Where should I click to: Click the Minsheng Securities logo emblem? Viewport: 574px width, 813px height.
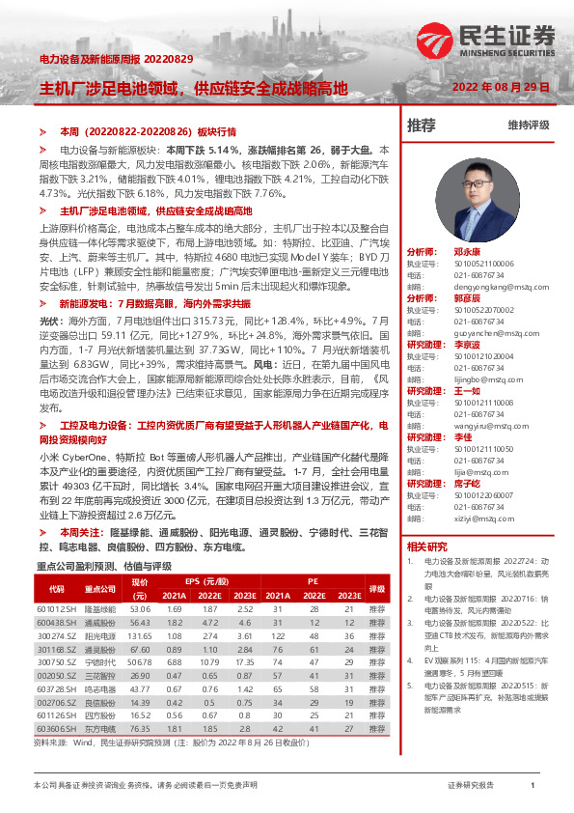[x=435, y=41]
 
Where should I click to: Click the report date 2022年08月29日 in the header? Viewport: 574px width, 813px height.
[x=502, y=88]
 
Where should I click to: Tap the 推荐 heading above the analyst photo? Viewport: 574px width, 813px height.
[x=421, y=126]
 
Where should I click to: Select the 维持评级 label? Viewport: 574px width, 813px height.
[x=528, y=126]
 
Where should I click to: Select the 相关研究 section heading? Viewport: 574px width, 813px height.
[x=427, y=547]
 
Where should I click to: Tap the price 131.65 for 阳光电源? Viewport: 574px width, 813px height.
[x=140, y=636]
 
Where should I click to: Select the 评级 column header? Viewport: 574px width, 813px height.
[x=376, y=588]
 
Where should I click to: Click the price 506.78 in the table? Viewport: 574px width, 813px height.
[x=140, y=663]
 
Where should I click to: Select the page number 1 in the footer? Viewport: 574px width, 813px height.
[x=533, y=786]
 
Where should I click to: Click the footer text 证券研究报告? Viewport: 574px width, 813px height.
[x=471, y=786]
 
